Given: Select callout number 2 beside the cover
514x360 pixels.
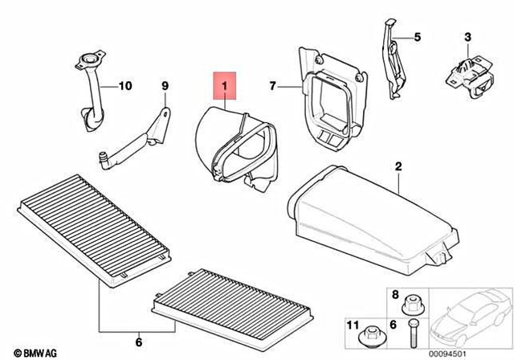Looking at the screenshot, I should pyautogui.click(x=397, y=166).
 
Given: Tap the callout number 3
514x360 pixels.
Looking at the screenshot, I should pyautogui.click(x=467, y=37).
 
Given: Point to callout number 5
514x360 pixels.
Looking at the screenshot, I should pyautogui.click(x=417, y=37).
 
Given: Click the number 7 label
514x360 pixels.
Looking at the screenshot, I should pyautogui.click(x=272, y=85).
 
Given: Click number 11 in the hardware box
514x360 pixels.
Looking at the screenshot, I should pyautogui.click(x=351, y=325).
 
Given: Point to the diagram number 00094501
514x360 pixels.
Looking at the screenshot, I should pyautogui.click(x=480, y=350).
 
